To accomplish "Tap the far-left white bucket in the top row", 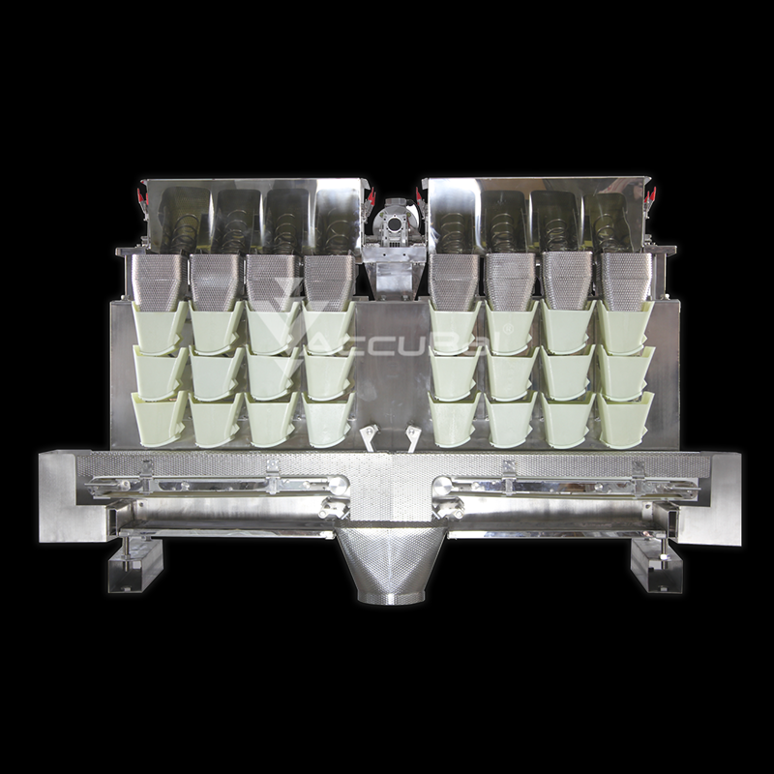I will [160, 328].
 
